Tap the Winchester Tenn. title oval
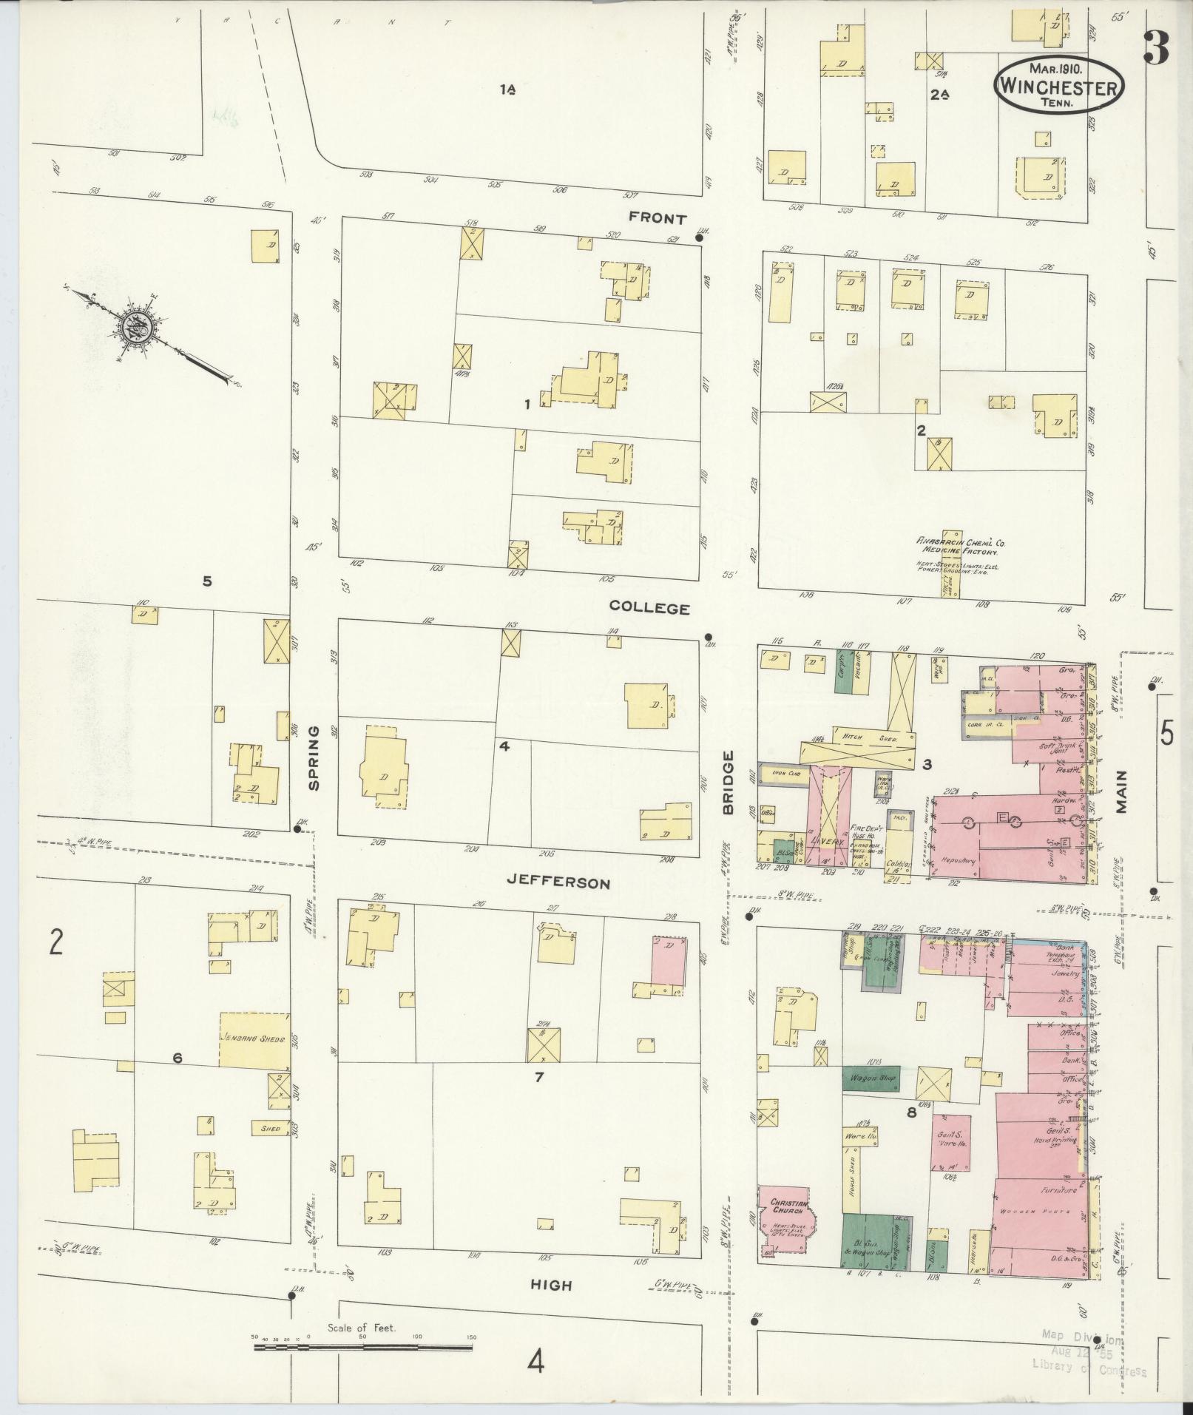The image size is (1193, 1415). pos(1058,86)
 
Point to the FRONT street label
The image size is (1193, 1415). pos(658,218)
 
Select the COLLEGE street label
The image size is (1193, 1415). pos(649,608)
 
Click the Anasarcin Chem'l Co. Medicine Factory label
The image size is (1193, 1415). pos(959,546)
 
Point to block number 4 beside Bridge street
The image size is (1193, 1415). pos(504,746)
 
